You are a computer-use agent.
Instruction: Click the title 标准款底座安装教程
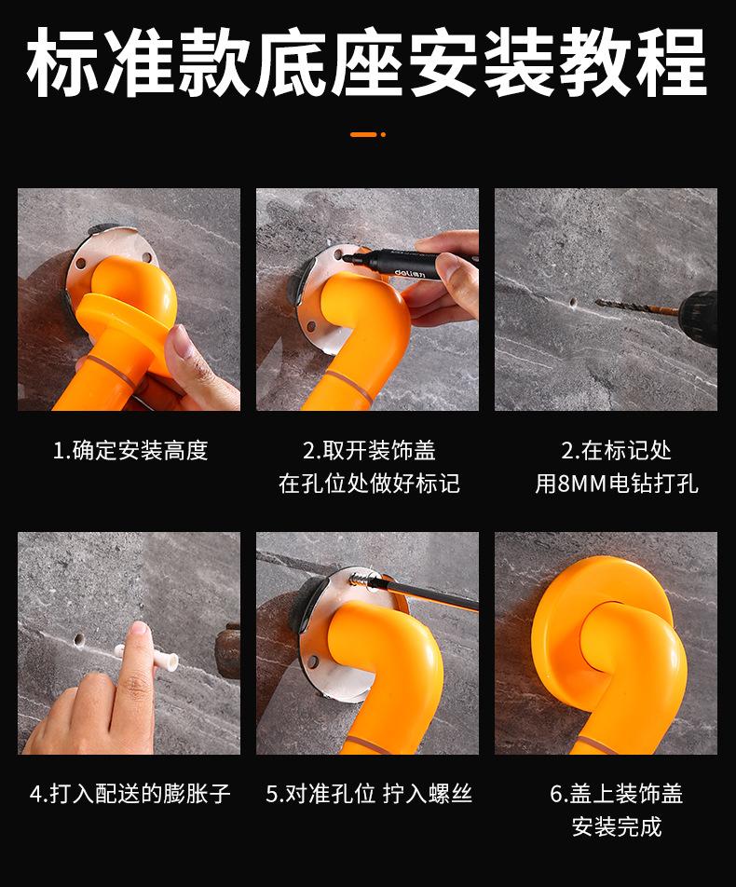pos(367,62)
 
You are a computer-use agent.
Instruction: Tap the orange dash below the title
pos(363,134)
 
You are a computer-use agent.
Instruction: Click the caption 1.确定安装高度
pos(130,451)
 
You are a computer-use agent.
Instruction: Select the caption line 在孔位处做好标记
pos(369,484)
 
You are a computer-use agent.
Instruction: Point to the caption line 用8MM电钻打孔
pos(617,484)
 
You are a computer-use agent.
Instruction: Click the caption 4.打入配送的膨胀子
pos(130,794)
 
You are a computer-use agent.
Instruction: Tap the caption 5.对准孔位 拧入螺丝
pos(369,794)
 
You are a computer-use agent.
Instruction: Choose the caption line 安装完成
pos(617,826)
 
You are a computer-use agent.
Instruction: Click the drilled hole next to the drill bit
pos(573,303)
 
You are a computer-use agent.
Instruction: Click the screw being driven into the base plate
pos(361,580)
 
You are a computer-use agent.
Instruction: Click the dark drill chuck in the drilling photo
pos(697,313)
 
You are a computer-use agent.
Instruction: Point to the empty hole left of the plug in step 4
pos(78,640)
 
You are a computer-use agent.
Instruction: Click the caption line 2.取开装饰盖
pos(369,451)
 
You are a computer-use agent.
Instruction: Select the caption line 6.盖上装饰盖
pos(617,794)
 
